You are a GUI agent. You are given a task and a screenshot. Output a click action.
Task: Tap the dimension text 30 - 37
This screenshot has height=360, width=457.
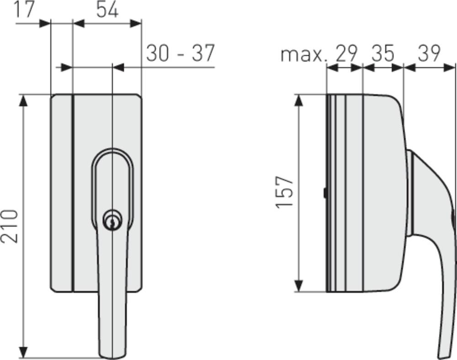tap(180, 53)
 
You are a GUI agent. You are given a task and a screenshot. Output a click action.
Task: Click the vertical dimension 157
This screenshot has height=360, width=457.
tap(285, 192)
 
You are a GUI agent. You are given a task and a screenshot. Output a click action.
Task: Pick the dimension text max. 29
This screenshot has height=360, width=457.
tap(319, 53)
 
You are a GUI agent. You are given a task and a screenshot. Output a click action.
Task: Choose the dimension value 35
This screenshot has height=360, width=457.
tap(383, 53)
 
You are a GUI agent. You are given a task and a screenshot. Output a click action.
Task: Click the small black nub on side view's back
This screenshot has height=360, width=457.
tap(324, 193)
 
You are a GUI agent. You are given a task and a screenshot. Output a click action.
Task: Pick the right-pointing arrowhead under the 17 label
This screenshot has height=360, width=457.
tap(44, 23)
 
